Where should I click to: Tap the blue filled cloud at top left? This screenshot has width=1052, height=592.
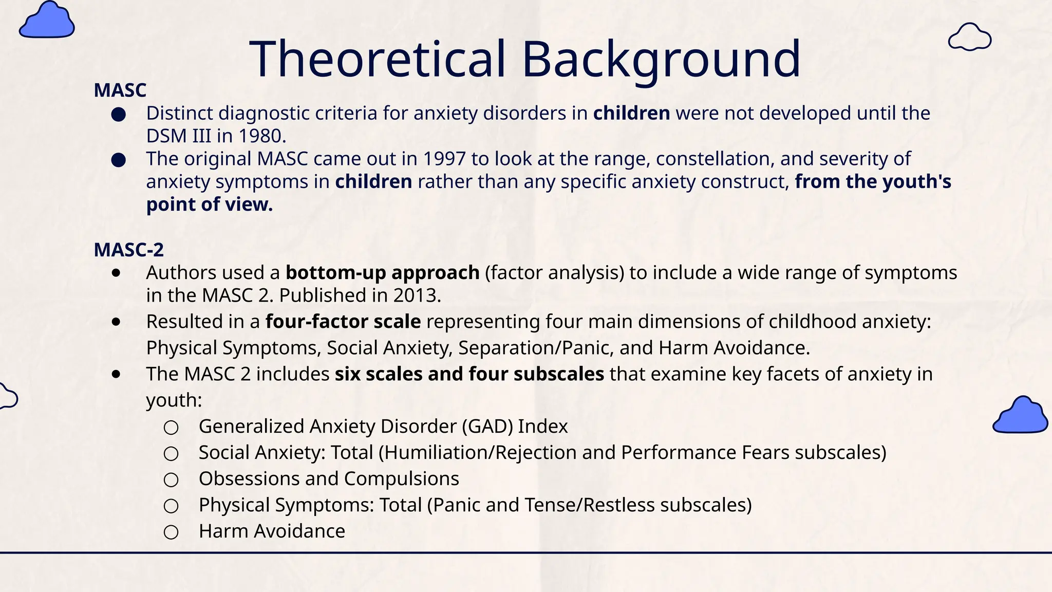(47, 21)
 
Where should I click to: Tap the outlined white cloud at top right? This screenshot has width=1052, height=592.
(969, 38)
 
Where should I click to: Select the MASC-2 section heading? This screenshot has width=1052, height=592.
(128, 250)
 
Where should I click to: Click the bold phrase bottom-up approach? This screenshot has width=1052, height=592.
(382, 273)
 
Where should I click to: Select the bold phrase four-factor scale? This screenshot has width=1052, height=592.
(343, 322)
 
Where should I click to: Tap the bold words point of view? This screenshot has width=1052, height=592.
(209, 205)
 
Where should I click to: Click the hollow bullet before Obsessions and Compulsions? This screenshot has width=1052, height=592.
(171, 480)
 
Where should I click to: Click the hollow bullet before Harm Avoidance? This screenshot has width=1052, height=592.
(171, 532)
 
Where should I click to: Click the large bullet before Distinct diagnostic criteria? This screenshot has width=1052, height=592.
(119, 114)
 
